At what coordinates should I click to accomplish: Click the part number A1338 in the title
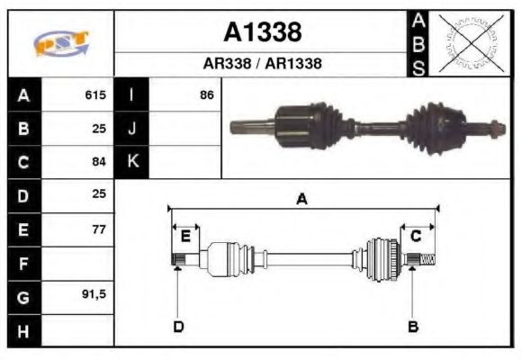(x=262, y=32)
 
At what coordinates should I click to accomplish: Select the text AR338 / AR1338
(x=262, y=64)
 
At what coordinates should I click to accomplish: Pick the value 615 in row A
(x=94, y=94)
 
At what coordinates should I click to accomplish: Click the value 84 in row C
(x=99, y=162)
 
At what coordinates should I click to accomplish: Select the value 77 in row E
(x=99, y=229)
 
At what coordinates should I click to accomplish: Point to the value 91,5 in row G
(x=94, y=296)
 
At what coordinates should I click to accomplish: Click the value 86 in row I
(x=207, y=94)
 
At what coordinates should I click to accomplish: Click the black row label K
(x=132, y=162)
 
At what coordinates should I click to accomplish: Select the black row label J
(x=132, y=129)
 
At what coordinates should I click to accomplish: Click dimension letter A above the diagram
(x=301, y=200)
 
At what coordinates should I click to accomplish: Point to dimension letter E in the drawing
(x=185, y=237)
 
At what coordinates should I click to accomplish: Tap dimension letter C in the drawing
(x=416, y=237)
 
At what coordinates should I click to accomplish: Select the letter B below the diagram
(x=413, y=327)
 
